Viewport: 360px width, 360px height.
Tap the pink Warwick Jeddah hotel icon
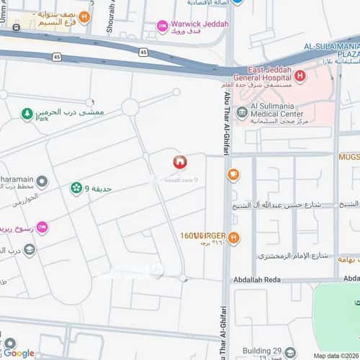tap(162, 26)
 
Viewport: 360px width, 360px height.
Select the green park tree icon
tap(27, 114)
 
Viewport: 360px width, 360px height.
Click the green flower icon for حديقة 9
tap(76, 188)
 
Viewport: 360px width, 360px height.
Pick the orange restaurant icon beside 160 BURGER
tap(233, 238)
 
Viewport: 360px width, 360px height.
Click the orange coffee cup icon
tap(233, 174)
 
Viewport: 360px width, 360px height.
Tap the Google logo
tap(19, 353)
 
